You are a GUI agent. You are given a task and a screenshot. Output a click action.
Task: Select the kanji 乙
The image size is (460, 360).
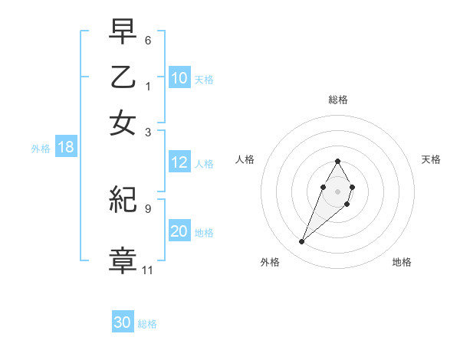[x=123, y=77]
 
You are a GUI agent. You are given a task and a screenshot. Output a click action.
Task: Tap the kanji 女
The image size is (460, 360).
[x=123, y=123]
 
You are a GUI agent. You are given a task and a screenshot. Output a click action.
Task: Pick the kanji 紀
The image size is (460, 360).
[x=123, y=201]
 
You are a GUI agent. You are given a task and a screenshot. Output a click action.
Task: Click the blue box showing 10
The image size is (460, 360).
[x=179, y=78]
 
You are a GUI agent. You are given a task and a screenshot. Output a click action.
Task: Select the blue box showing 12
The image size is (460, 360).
[x=179, y=162]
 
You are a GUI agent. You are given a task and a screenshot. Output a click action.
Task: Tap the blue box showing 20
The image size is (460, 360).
[x=179, y=232]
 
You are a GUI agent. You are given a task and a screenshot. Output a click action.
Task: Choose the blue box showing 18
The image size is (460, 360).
[x=66, y=148]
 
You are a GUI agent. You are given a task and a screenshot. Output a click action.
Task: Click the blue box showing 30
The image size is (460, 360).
[x=123, y=322]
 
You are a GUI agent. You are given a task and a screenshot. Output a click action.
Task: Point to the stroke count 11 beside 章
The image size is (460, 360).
[x=148, y=270]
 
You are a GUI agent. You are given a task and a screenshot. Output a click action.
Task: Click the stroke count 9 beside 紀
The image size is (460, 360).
[x=148, y=208]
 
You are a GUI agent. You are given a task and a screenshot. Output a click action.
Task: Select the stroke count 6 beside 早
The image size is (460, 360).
[x=148, y=39]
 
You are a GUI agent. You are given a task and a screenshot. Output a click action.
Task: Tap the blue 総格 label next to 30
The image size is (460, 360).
[x=148, y=324]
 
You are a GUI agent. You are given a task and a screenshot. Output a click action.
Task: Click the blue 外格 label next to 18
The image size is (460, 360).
[x=41, y=149]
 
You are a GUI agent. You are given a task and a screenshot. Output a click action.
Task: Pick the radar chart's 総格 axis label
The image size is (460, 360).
[x=338, y=100]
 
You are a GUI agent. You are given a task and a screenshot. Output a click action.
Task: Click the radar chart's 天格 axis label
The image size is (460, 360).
[x=432, y=159]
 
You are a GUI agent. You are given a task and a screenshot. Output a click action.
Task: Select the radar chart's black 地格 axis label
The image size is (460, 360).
[x=402, y=262]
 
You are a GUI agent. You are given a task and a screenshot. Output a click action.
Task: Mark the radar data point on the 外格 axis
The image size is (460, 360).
[x=302, y=242]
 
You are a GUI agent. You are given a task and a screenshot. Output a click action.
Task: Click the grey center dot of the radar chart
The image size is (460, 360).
[x=338, y=191]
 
